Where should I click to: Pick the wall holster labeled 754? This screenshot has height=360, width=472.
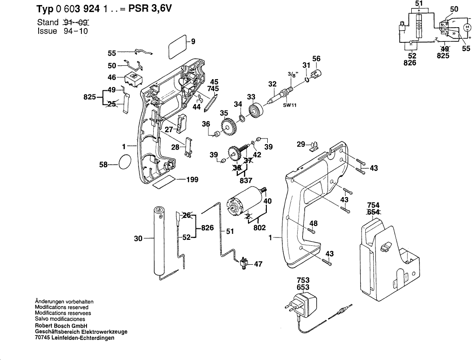click(x=389, y=255)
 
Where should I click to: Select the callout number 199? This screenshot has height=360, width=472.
click(x=192, y=180)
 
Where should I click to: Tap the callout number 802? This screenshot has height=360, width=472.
click(x=260, y=227)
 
